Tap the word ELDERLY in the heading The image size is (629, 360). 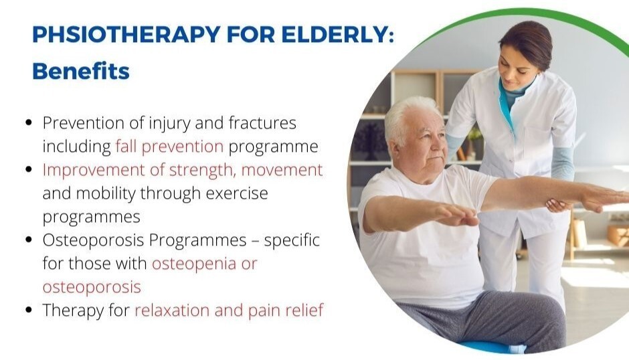coord(338,34)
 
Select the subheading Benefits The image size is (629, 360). coord(81,71)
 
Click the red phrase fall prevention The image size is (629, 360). coord(169,147)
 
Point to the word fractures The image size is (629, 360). coord(262,123)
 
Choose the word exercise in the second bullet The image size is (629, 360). coord(237,193)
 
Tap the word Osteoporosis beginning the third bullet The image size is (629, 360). coord(94,240)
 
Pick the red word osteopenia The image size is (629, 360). coord(194,264)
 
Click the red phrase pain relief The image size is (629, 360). coord(286,310)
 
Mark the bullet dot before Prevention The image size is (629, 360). coord(29,122)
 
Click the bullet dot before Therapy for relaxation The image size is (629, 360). coord(29,310)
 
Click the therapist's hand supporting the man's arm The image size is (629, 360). coord(557,205)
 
